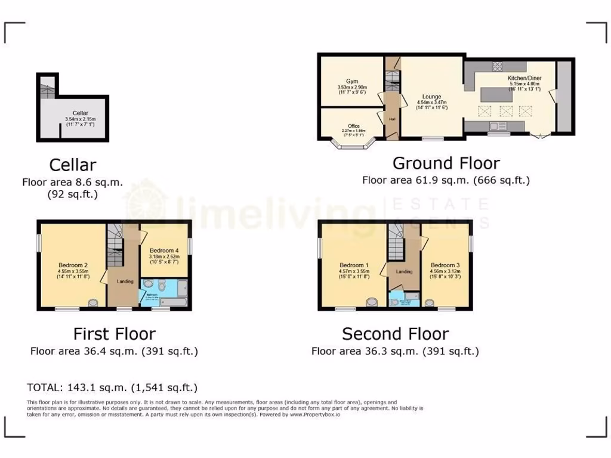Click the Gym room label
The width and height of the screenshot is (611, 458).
pyautogui.click(x=351, y=81)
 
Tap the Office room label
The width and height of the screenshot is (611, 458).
pyautogui.click(x=354, y=126)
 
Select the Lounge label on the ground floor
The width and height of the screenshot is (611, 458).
pyautogui.click(x=431, y=97)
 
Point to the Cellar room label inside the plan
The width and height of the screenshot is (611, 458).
pyautogui.click(x=81, y=113)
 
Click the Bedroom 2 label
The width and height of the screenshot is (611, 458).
pyautogui.click(x=73, y=265)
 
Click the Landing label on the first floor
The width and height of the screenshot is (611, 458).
pyautogui.click(x=125, y=281)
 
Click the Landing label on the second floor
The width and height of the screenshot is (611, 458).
pyautogui.click(x=405, y=271)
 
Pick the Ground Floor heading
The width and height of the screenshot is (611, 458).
pyautogui.click(x=446, y=163)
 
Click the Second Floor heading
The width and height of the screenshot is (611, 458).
pyautogui.click(x=395, y=333)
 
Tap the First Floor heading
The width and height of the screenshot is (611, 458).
pyautogui.click(x=114, y=333)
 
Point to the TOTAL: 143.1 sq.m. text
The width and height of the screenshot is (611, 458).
pyautogui.click(x=112, y=388)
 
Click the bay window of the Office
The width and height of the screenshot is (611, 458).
pyautogui.click(x=353, y=145)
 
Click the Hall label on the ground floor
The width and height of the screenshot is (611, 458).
pyautogui.click(x=392, y=119)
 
